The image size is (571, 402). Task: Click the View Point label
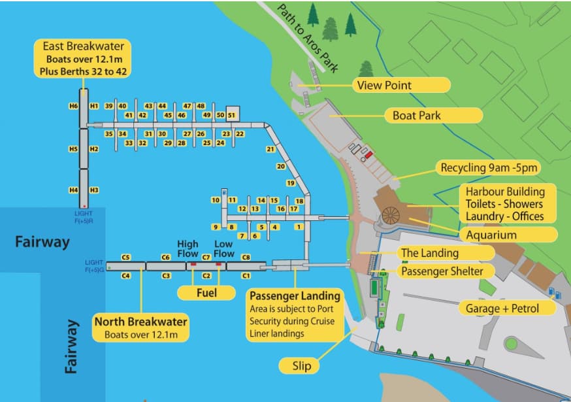[401, 85]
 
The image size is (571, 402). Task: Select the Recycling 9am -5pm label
[489, 168]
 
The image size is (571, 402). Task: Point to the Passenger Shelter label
[442, 271]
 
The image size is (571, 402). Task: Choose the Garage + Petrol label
[502, 307]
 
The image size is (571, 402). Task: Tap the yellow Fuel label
[206, 293]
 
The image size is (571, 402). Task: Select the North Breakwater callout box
[140, 327]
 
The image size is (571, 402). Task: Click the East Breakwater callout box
[84, 59]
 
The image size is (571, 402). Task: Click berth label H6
[73, 106]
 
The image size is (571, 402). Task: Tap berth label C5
[126, 257]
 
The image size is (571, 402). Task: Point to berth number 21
[270, 149]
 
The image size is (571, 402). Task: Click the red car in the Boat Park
[368, 155]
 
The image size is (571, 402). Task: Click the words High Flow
[188, 249]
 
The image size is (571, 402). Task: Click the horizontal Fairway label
[42, 243]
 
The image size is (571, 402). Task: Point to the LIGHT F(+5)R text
[84, 216]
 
